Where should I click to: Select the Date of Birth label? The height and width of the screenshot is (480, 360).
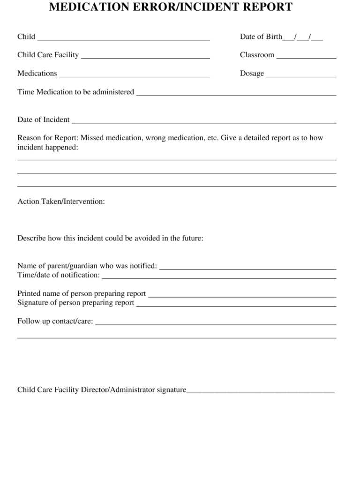point(261,37)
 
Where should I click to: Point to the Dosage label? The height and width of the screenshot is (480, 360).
point(252,74)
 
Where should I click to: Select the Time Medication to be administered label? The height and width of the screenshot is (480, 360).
point(75,92)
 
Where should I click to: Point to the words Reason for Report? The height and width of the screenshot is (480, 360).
point(48,138)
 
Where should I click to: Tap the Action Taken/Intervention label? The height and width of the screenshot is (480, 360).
point(61,202)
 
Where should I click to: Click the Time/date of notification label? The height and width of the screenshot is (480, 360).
point(59,275)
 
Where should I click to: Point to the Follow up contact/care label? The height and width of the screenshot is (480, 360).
point(55,321)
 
